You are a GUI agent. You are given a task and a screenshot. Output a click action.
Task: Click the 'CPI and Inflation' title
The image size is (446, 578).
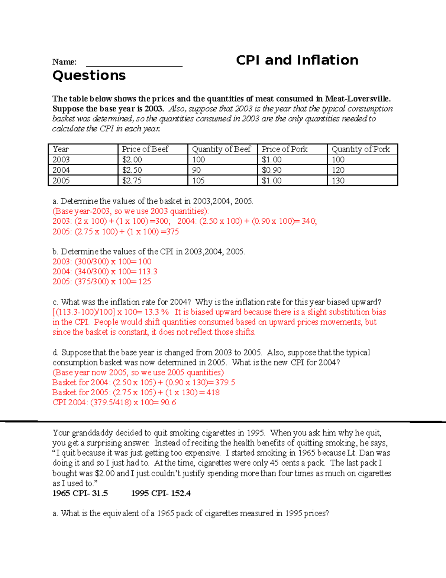tap(297, 60)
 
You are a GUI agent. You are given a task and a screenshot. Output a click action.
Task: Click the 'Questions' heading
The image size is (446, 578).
tap(89, 76)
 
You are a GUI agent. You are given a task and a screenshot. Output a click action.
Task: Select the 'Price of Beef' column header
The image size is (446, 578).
tap(145, 149)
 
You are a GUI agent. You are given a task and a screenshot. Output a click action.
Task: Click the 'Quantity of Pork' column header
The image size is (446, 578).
tap(361, 149)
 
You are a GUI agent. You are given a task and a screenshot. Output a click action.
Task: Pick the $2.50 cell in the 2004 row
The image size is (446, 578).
tap(132, 170)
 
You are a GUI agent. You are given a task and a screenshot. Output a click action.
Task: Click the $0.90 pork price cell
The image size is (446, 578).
tap(271, 170)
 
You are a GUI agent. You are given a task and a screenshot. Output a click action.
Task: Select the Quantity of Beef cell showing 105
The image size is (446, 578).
tap(198, 181)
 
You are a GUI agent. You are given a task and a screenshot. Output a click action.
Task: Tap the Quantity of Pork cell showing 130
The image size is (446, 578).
tap(338, 181)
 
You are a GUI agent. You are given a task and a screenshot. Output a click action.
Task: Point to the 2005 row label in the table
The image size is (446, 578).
tap(61, 181)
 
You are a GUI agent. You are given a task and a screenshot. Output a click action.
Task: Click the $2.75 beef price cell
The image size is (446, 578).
tap(132, 181)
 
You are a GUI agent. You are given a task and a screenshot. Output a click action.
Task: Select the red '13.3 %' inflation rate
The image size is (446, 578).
tap(156, 312)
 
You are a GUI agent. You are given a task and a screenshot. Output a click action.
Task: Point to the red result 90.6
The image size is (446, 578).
tap(168, 402)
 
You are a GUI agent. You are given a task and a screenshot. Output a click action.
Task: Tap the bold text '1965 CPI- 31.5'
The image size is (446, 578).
tap(80, 494)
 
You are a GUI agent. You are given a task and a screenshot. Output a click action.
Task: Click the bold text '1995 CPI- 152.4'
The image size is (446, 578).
tap(161, 494)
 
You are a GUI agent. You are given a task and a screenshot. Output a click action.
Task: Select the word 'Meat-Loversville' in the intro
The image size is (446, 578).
tap(357, 99)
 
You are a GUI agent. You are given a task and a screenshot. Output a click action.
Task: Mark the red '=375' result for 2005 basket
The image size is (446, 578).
tap(170, 231)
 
